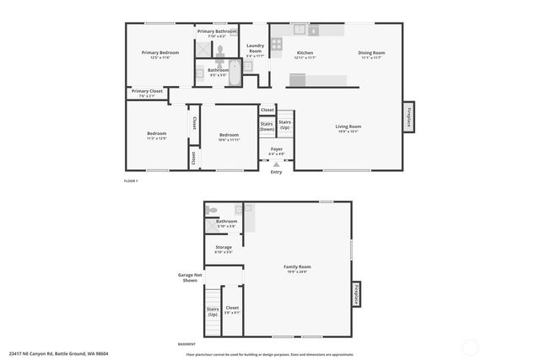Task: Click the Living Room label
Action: coord(348,128)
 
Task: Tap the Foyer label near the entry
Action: coord(276,152)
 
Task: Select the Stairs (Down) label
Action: coord(267,126)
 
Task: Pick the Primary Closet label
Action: coord(147,93)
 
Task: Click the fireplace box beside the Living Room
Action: coord(408,116)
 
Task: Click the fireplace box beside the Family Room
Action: coord(358,294)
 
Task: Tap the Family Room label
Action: coord(297,268)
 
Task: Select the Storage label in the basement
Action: coord(223,249)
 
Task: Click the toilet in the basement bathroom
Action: coord(212,210)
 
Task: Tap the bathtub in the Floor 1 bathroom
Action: coord(235,71)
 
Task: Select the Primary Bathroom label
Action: coord(217,33)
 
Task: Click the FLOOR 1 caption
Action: coord(131,181)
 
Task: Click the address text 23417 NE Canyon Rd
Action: coord(58,353)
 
